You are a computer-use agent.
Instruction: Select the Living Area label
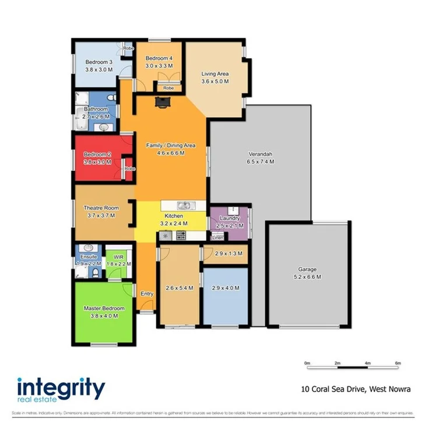(215, 74)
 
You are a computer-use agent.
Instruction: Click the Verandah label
(261, 154)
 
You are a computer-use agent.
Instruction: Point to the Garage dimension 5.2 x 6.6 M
(308, 277)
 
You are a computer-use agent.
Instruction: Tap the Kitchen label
(174, 216)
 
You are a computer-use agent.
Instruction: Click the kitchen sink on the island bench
(184, 205)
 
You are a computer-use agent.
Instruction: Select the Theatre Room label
(101, 208)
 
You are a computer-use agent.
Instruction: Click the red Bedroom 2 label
(97, 154)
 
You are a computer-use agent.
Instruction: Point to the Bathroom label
(96, 109)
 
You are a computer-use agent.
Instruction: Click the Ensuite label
(89, 257)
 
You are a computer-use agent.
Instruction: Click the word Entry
(146, 294)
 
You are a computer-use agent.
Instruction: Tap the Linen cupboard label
(217, 237)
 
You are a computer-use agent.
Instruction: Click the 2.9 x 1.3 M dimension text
(225, 254)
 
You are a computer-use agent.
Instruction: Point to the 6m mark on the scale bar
(398, 363)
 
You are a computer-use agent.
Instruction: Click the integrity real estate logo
(61, 390)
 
